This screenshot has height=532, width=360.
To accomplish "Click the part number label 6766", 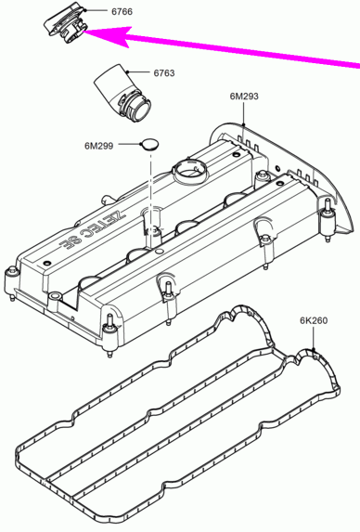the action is pos(122,11).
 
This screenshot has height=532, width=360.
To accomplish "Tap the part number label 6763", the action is pos(164,73).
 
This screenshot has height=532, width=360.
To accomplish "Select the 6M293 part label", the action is pos(244,97).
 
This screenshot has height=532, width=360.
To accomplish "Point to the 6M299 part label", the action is pos(99,146).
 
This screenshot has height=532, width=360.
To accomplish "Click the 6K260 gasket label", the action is pos(314,320).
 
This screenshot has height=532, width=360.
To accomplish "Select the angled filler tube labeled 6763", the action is pos(122,93).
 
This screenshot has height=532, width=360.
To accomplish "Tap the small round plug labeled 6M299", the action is pos(149,144).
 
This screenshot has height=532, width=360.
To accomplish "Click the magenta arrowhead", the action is pos(112,35).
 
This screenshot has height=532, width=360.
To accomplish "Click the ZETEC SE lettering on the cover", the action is pos(93,229).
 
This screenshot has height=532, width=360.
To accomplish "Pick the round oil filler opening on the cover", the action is pos(189,170).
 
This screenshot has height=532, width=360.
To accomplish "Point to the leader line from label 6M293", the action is pos(244,113).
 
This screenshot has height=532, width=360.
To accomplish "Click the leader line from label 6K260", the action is pos(314,338).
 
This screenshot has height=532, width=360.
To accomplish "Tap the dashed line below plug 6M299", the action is pos(149,191).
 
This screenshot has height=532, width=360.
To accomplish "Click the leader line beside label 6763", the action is pos(138,71).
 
